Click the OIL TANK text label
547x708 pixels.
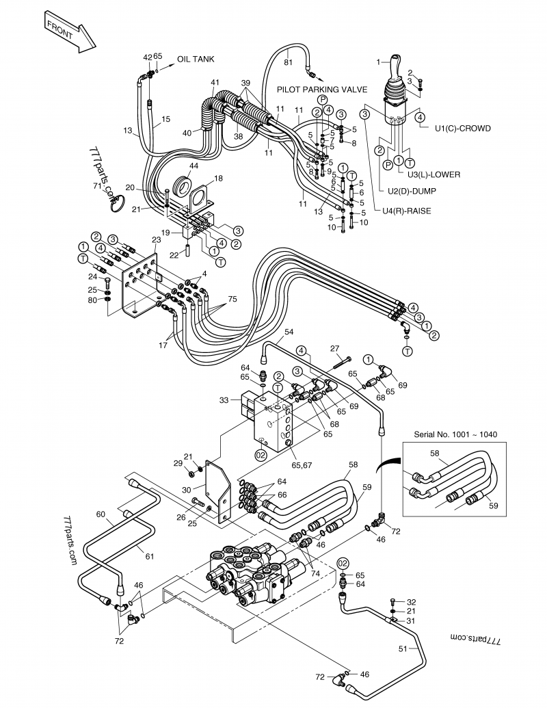click(196, 60)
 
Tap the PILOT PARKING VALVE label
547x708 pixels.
click(322, 90)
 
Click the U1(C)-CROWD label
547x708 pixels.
click(462, 128)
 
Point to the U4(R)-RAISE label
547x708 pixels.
click(407, 211)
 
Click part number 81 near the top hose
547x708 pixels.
click(288, 62)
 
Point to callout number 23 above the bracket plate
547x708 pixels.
click(156, 239)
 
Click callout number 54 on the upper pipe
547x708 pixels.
click(289, 332)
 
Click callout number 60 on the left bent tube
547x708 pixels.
click(101, 513)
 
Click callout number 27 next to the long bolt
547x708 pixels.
click(335, 348)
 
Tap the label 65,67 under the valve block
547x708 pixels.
click(301, 465)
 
